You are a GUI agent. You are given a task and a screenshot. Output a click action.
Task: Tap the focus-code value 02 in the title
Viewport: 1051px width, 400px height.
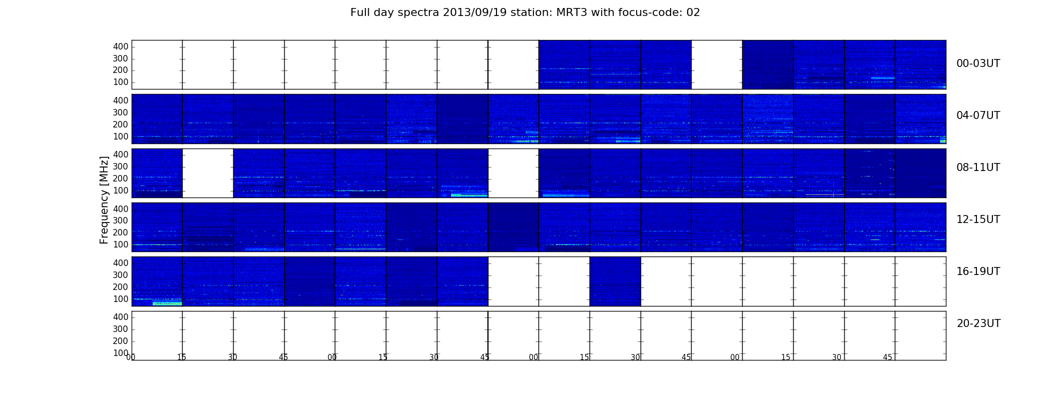[693, 12]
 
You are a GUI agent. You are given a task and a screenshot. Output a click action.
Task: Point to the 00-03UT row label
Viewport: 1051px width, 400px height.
[978, 63]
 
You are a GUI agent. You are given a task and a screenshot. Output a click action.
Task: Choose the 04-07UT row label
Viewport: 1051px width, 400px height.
[978, 115]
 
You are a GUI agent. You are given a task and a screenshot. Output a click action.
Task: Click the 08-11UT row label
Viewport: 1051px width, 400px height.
[978, 167]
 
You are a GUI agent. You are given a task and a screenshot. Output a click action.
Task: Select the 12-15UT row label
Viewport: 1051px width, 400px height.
[978, 219]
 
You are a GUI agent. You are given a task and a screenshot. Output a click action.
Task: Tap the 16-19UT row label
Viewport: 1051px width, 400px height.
[978, 271]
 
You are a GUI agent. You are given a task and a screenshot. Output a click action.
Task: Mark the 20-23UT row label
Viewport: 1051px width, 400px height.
[978, 323]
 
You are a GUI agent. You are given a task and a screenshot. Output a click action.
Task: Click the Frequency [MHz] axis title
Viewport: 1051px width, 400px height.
[104, 200]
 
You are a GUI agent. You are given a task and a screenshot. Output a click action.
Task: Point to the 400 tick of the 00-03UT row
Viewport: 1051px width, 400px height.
[121, 46]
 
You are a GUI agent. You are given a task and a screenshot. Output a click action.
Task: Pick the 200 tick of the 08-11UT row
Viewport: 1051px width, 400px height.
[121, 178]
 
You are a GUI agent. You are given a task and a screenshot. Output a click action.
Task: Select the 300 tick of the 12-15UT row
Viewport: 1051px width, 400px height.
[121, 220]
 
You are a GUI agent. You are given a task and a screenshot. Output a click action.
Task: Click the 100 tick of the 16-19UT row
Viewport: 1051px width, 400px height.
[121, 299]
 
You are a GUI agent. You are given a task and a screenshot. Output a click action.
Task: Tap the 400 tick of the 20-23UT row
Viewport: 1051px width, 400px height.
[121, 317]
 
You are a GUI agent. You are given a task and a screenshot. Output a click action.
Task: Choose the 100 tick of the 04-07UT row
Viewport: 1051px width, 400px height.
[121, 136]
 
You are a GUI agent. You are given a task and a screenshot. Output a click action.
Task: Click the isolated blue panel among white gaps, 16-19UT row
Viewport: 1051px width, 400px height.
[615, 281]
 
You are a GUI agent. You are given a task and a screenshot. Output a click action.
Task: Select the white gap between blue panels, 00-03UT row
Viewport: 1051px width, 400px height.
[717, 64]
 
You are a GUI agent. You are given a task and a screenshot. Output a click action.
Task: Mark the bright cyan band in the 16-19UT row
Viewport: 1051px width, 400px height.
[167, 303]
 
